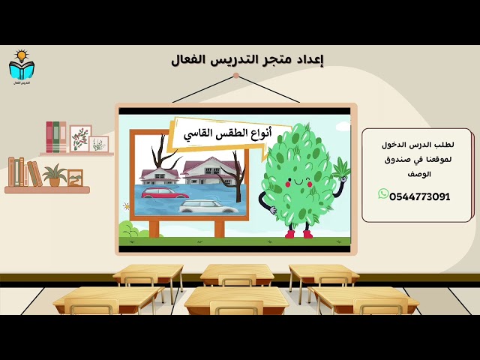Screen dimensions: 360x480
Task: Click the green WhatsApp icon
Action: point(383,194)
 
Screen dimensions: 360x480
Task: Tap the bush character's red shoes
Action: point(298,233)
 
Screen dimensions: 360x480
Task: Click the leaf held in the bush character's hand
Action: point(341,167)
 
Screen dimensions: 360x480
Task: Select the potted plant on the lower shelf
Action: point(54,176)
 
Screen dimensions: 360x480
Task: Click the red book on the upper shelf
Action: point(49,137)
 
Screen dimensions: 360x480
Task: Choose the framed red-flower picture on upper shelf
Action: point(80,139)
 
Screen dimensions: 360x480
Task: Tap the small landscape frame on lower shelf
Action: point(74,178)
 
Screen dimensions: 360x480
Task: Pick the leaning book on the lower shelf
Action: point(34,174)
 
